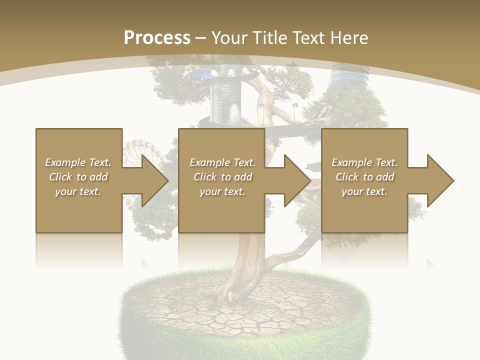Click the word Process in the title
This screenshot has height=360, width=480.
(157, 38)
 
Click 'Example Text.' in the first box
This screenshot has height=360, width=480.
(78, 162)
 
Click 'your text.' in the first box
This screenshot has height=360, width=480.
(78, 191)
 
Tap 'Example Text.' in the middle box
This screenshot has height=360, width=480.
(222, 162)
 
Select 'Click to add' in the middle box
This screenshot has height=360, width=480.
(222, 177)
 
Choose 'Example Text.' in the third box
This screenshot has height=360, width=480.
(364, 162)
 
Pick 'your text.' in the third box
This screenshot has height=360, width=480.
(364, 191)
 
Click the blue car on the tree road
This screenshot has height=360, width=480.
(198, 75)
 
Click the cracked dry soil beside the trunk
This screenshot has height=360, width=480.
(190, 300)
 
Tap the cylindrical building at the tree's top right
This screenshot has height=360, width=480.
(349, 77)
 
